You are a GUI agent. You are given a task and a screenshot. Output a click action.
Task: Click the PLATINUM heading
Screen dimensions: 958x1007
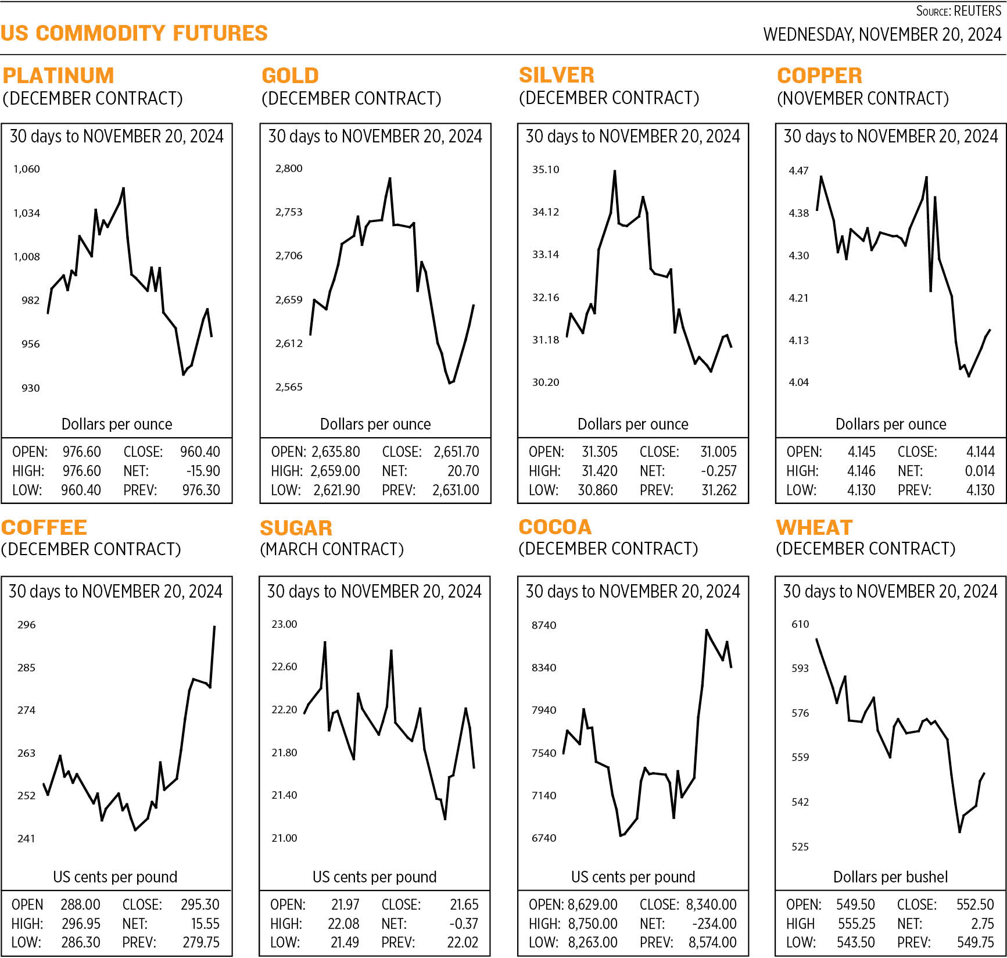58,76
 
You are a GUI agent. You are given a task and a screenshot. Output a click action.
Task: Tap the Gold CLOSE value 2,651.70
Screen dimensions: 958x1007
456,452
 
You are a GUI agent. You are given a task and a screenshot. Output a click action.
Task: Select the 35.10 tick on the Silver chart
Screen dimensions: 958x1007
546,170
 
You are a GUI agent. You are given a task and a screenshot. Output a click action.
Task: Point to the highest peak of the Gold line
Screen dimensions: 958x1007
390,178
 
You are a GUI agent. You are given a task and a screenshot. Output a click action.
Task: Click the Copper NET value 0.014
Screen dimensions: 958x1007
980,471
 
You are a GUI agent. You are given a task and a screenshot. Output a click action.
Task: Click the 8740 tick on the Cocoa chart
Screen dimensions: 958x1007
544,625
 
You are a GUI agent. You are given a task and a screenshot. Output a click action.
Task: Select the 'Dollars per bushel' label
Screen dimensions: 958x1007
890,877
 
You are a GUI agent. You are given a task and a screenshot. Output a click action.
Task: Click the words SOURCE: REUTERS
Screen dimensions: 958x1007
958,11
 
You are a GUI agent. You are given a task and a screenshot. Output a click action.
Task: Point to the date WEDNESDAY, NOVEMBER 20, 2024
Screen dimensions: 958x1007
882,34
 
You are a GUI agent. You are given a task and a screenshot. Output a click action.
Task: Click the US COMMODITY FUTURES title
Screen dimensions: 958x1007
134,33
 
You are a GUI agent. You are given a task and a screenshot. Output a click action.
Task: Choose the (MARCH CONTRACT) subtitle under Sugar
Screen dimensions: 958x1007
331,549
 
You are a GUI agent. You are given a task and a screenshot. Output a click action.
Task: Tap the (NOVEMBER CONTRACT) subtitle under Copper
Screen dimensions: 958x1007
863,98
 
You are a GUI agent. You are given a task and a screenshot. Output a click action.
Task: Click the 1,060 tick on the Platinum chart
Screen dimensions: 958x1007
27,169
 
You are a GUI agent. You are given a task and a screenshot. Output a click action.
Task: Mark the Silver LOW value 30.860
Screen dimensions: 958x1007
597,490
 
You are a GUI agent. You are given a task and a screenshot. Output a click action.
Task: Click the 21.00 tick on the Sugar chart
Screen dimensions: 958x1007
284,838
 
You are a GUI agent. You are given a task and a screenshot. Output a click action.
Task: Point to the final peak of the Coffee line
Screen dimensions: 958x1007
214,627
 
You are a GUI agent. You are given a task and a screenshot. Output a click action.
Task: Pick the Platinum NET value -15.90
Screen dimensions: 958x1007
203,471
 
